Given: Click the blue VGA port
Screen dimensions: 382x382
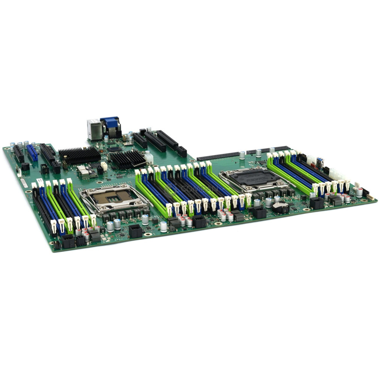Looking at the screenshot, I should (110, 122).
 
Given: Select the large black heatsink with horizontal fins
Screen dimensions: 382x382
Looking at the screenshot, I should (79, 155).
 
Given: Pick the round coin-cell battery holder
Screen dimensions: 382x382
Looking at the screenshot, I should (281, 207).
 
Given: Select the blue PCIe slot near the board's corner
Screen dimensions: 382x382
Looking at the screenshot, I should (32, 152).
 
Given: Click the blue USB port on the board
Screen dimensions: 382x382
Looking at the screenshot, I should (319, 162).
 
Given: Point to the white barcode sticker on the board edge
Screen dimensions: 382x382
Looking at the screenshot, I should (24, 183).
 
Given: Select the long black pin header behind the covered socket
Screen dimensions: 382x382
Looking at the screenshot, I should (218, 157).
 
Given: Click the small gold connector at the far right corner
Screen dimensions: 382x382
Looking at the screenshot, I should (370, 197).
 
